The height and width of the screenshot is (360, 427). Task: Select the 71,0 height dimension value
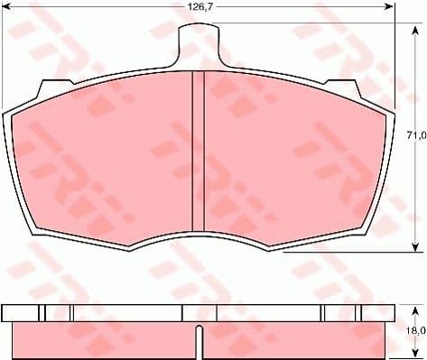(415, 135)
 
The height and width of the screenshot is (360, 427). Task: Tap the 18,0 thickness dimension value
(415, 331)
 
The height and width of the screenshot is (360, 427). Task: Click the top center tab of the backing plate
(198, 40)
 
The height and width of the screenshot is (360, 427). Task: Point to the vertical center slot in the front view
(199, 153)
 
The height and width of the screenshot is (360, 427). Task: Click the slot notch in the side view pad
(199, 340)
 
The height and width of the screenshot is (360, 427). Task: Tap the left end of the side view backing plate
(4, 312)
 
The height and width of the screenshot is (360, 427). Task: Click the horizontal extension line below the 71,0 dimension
(343, 254)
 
